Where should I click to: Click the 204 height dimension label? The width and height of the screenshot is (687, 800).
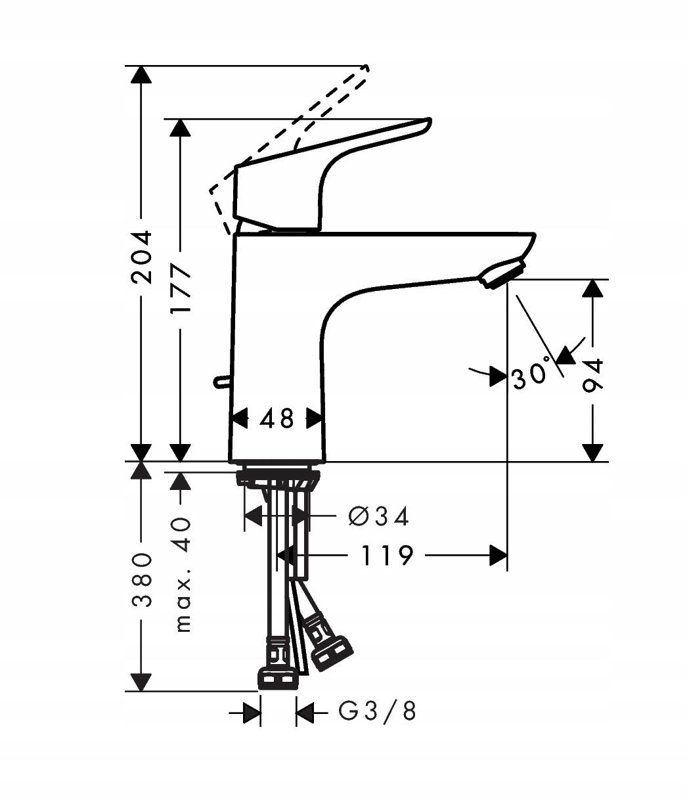[141, 257]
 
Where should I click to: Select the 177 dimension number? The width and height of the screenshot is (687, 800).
[181, 289]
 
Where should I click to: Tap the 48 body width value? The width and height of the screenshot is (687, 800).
[277, 419]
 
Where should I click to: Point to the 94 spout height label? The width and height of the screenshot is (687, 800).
[592, 376]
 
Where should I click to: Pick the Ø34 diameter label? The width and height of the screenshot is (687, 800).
[378, 516]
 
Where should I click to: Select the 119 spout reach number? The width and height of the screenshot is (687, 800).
[387, 556]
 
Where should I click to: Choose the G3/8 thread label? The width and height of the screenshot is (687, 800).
[378, 711]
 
